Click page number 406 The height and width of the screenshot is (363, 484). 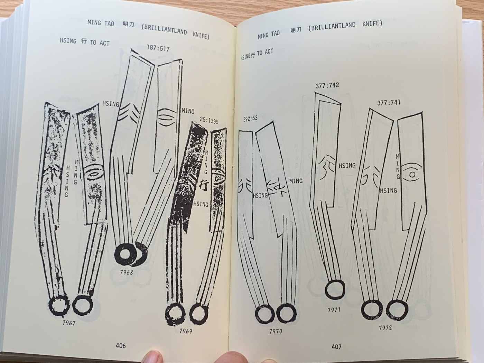coord(121,346)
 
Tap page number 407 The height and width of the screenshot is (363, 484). coord(336,347)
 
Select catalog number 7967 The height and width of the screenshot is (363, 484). coord(69,323)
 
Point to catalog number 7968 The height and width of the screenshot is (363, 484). coord(127,272)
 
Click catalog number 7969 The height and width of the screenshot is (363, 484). coord(186,331)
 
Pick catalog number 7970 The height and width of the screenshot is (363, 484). coord(276,331)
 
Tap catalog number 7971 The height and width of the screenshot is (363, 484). coord(334,310)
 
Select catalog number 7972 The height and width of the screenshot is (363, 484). coord(385,328)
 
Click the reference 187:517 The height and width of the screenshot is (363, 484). coord(158,48)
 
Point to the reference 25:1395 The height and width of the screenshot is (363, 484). coord(209,120)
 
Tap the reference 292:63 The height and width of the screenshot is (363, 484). coord(250,119)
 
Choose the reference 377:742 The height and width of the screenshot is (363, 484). coord(327,85)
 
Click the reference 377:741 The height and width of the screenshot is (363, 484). coord(389,103)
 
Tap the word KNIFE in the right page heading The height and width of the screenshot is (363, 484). coord(372,23)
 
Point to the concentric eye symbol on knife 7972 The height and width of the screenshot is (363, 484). coord(412,175)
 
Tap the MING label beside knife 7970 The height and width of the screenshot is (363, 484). coord(296,181)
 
